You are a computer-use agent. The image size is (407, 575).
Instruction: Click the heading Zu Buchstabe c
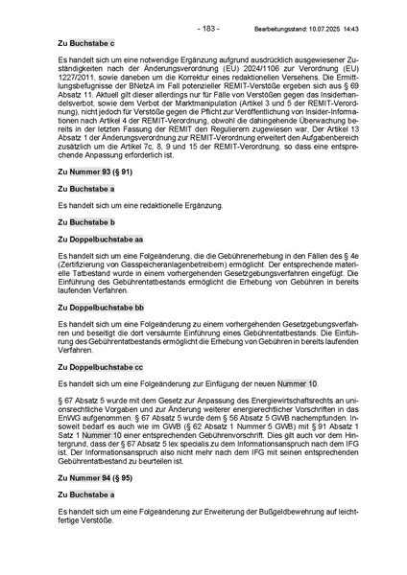(86, 44)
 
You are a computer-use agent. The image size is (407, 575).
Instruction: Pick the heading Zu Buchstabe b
(86, 221)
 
